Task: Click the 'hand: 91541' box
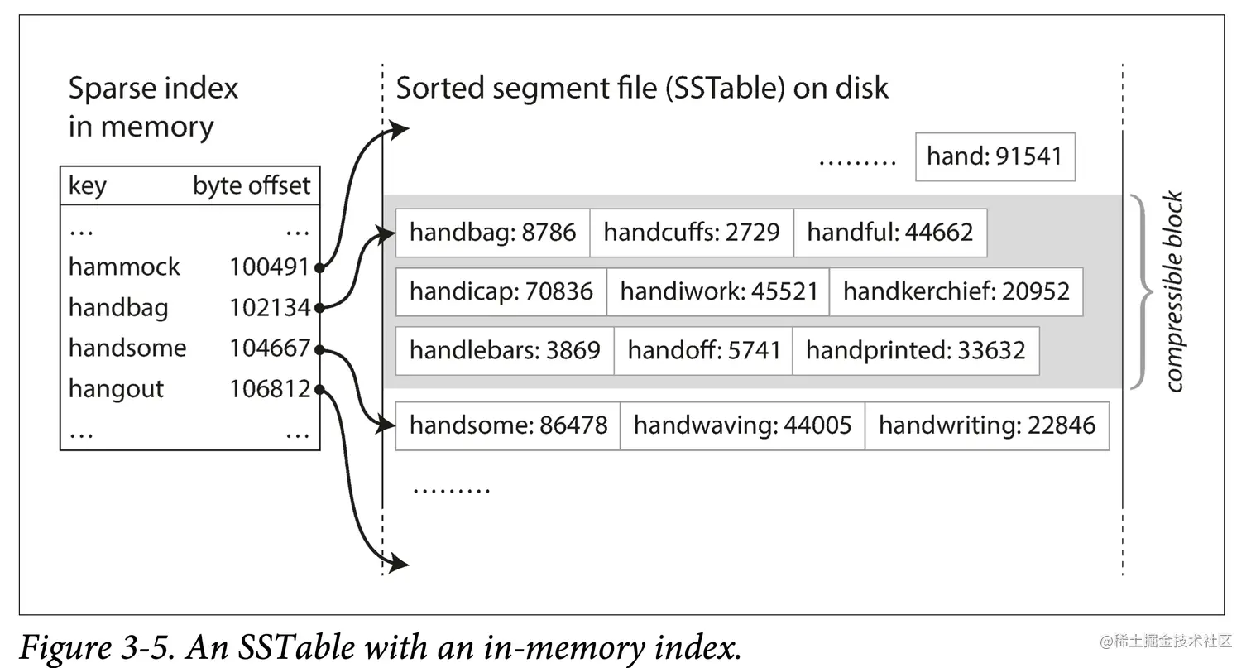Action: pyautogui.click(x=995, y=156)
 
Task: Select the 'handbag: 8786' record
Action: pyautogui.click(x=492, y=233)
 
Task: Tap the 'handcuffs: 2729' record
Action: pyautogui.click(x=691, y=233)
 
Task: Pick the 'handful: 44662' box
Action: pyautogui.click(x=889, y=233)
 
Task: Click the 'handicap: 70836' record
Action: pyautogui.click(x=501, y=291)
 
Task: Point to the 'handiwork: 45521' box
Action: pyautogui.click(x=717, y=291)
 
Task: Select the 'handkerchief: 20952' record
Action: pyautogui.click(x=956, y=291)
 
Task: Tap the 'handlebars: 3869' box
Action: pyautogui.click(x=505, y=350)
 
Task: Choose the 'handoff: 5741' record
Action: pyautogui.click(x=703, y=350)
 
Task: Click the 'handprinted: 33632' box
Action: pyautogui.click(x=915, y=350)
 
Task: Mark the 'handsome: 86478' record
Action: pyautogui.click(x=508, y=425)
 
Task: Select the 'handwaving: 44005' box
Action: pyautogui.click(x=742, y=425)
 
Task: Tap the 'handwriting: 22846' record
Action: pyautogui.click(x=986, y=425)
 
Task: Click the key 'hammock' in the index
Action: pyautogui.click(x=124, y=267)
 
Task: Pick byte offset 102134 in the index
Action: pyautogui.click(x=270, y=308)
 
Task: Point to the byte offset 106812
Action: pyautogui.click(x=270, y=389)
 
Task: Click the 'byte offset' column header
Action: pyautogui.click(x=252, y=186)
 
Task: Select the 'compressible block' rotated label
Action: pyautogui.click(x=1174, y=291)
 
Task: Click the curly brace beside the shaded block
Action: pyautogui.click(x=1143, y=291)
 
